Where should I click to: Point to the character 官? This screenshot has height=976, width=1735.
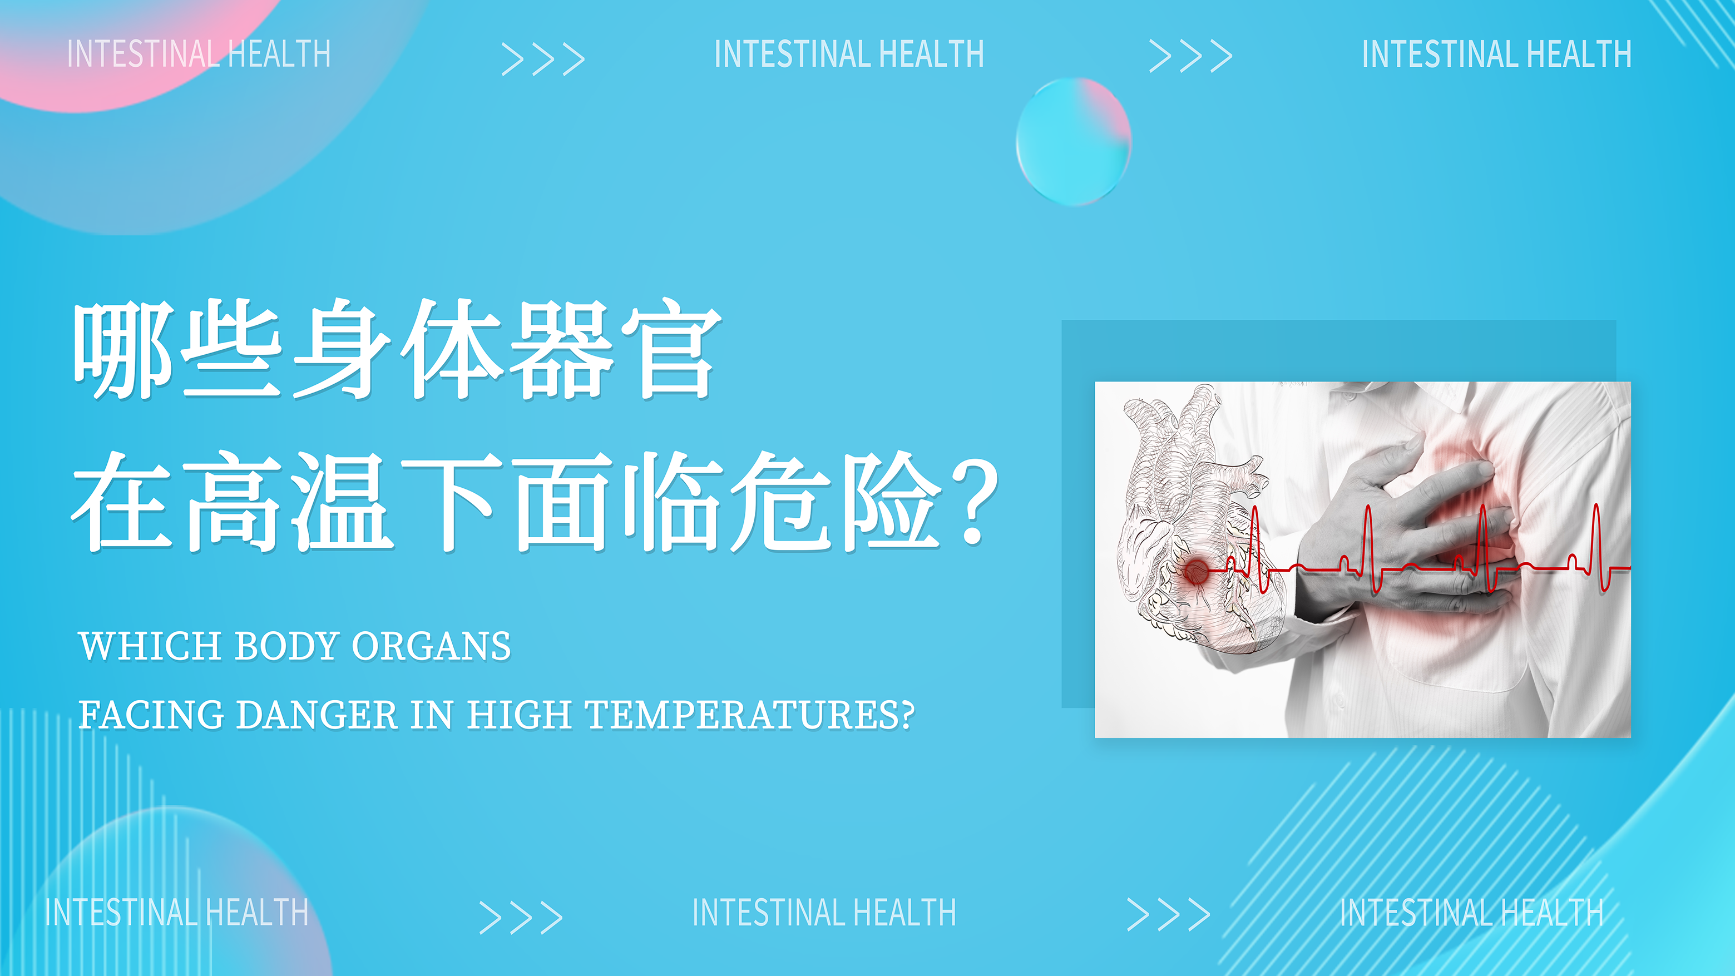pos(671,350)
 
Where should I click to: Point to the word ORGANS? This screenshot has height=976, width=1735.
pos(431,646)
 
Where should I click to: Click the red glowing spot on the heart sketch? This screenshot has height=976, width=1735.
pos(1196,571)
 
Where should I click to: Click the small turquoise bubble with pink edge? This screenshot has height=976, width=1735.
pos(1074,141)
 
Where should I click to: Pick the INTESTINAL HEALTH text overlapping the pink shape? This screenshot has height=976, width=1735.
pos(199,54)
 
